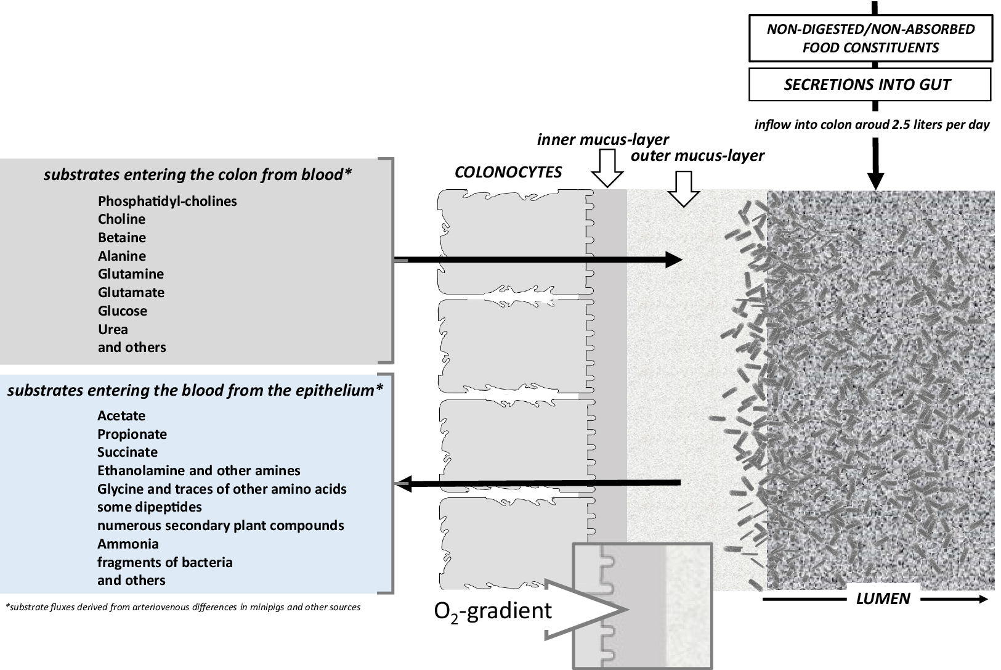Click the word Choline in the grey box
[121, 219]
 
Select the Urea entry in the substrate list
[113, 329]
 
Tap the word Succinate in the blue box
[128, 452]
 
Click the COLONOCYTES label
[508, 172]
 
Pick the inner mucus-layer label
[602, 139]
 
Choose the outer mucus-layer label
[697, 155]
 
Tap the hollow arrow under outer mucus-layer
[684, 189]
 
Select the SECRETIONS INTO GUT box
[869, 84]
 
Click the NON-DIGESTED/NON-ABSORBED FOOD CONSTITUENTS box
[870, 38]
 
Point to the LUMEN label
[883, 599]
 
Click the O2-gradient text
[493, 610]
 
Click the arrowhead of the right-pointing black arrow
[675, 259]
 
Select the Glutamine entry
[131, 274]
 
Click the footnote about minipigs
[183, 607]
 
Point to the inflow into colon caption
[872, 125]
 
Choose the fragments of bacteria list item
[164, 562]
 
